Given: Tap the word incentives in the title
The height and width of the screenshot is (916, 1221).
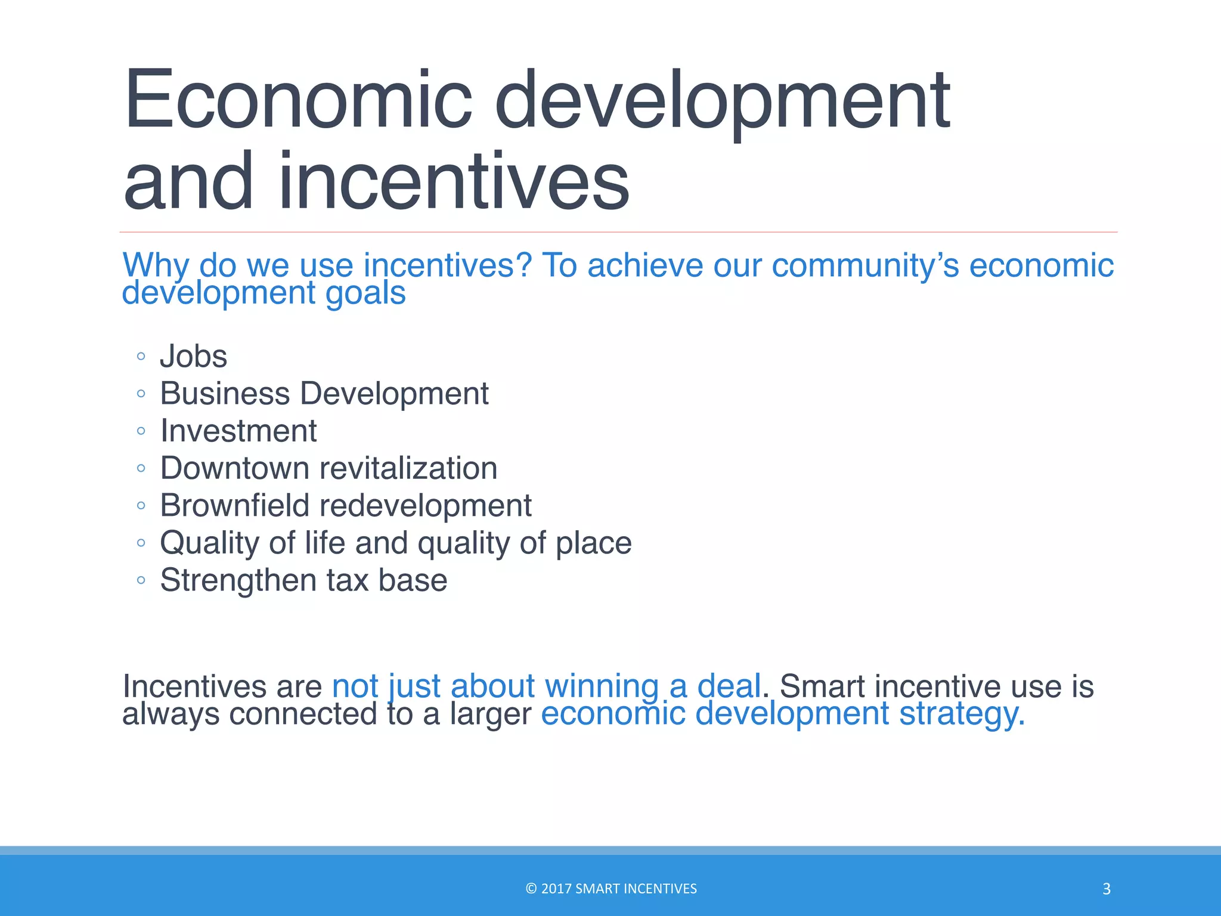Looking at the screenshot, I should coord(453,181).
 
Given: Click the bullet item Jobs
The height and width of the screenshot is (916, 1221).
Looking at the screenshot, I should coord(193,356).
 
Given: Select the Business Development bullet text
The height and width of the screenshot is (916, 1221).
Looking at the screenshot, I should coord(324,394).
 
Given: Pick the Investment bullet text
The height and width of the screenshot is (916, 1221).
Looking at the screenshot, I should coord(238,431).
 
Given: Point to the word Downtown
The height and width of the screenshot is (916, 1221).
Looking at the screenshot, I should coord(235,468).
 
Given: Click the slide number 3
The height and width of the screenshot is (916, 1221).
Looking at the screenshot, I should coord(1106,889).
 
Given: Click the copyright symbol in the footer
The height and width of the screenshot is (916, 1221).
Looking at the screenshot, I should coord(531,889).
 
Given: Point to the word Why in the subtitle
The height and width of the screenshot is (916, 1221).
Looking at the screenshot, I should coord(156,265).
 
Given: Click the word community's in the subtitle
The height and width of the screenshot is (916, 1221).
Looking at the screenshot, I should coord(865,265).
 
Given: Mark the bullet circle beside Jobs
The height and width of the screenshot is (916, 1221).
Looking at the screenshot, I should coord(141,357).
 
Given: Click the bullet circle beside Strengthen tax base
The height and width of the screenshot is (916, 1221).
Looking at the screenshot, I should coord(141,580).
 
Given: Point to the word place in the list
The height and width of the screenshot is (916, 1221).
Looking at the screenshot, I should coord(593,543).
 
